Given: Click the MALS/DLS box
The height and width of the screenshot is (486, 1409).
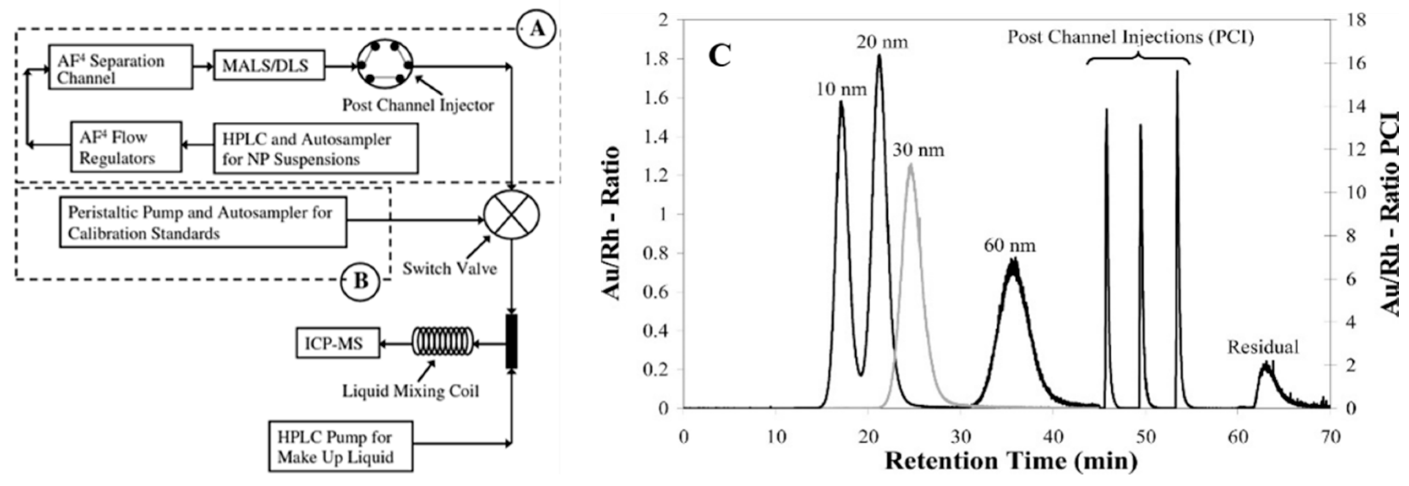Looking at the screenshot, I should [x=268, y=66].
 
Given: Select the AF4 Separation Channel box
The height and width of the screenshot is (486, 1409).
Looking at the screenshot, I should [x=120, y=67].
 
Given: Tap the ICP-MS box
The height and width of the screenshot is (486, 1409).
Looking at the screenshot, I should [x=337, y=343].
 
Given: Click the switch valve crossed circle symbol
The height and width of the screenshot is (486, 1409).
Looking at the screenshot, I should [x=512, y=215].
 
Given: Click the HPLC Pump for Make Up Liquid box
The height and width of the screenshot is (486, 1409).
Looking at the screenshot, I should [x=340, y=446].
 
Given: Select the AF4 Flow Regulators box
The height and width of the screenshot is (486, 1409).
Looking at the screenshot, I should [x=126, y=147].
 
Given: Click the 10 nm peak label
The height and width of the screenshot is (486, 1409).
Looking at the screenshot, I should [x=841, y=89].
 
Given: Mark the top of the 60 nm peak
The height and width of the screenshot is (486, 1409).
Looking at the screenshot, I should [x=1012, y=261].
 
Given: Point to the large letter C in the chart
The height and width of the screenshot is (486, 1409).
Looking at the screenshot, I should [x=720, y=55].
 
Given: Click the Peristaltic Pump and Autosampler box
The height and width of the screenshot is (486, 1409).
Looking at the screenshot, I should [x=203, y=223].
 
